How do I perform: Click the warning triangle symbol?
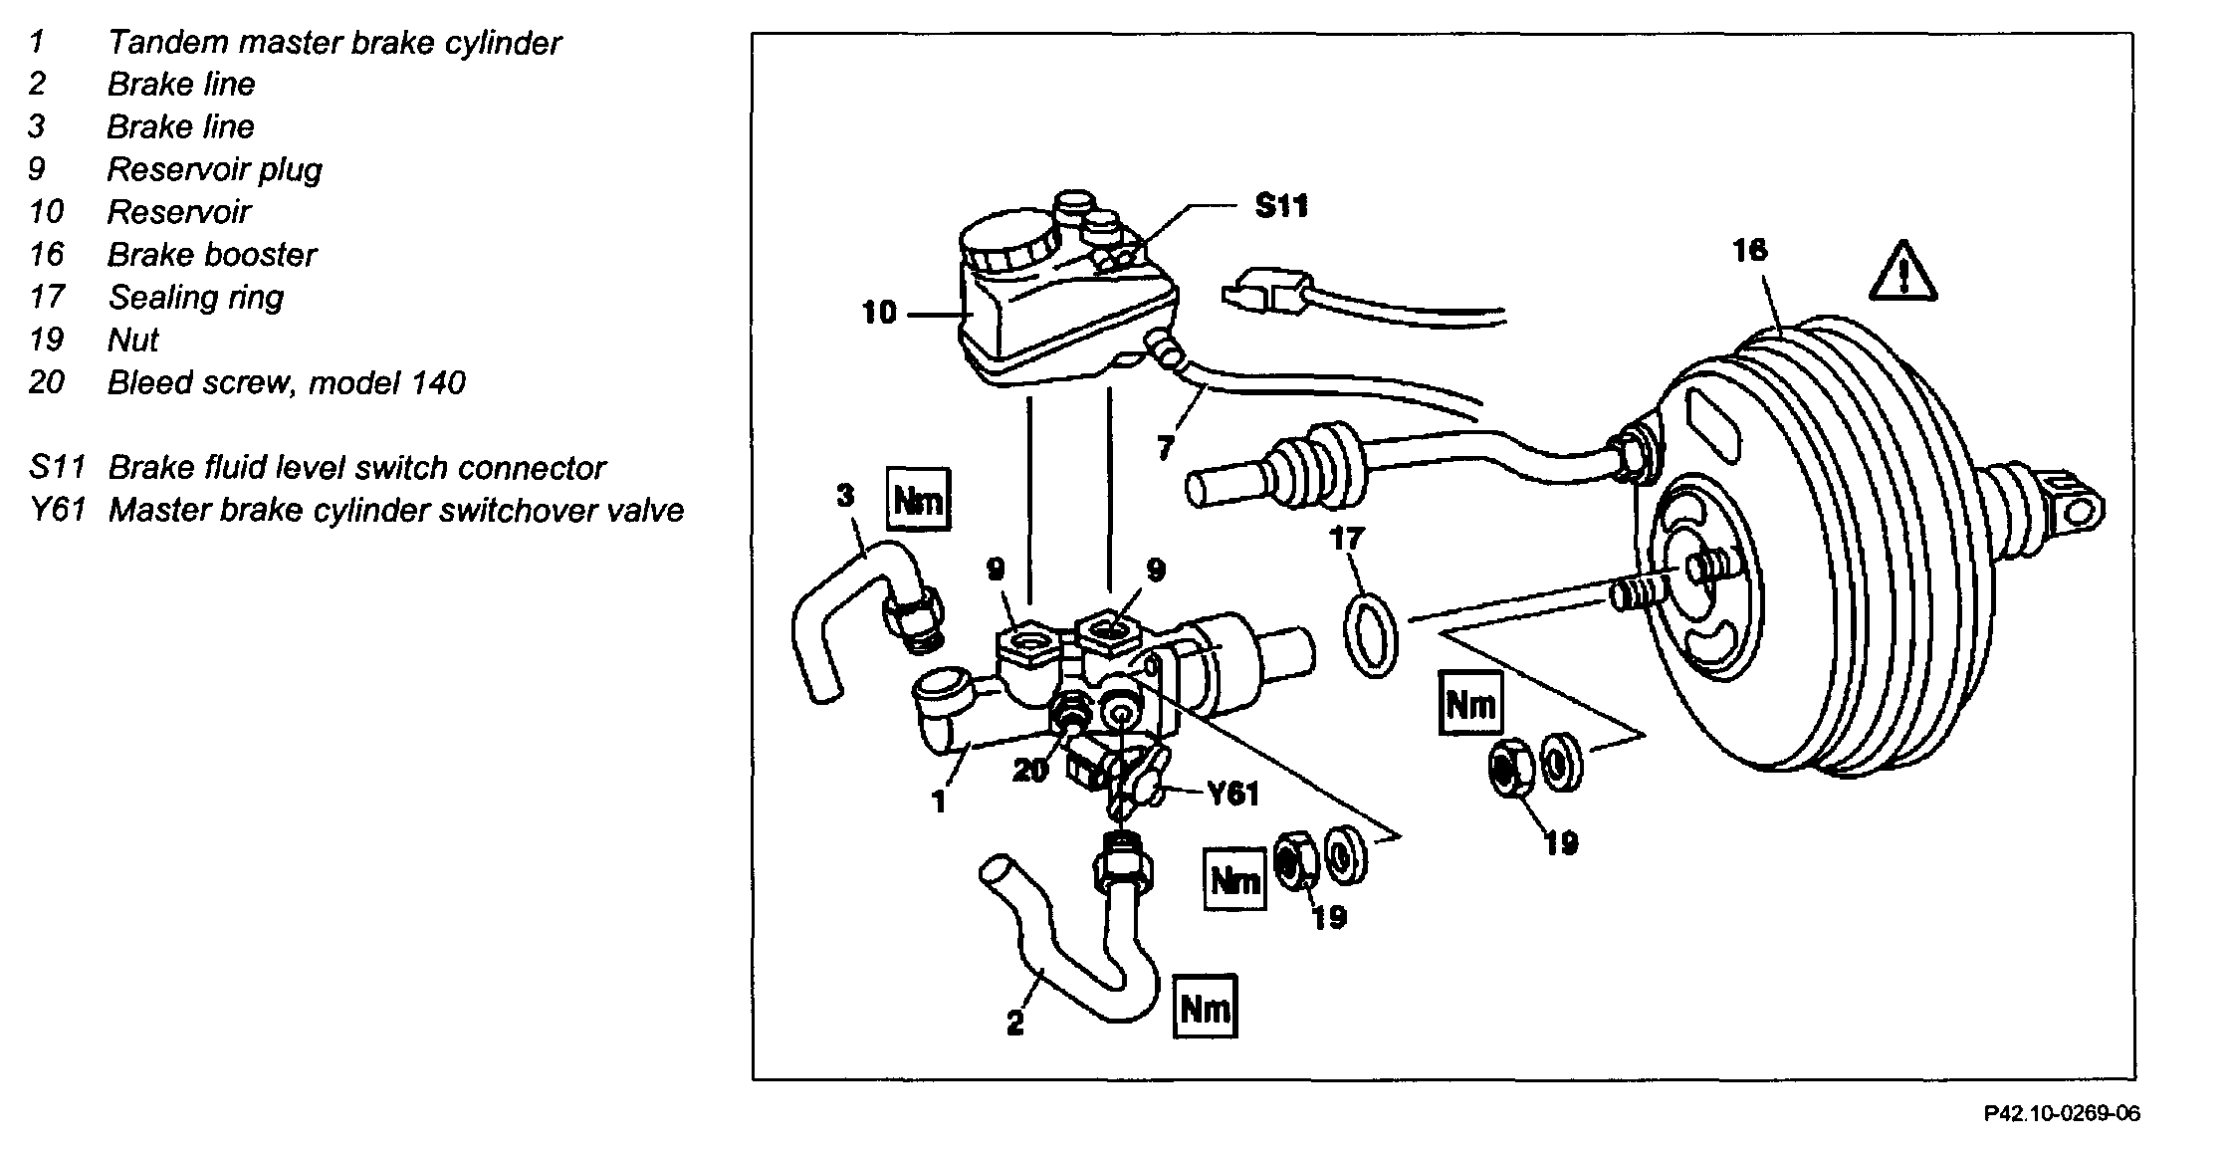click(1902, 272)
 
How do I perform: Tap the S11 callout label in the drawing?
click(1280, 206)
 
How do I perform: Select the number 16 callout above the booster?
click(1749, 249)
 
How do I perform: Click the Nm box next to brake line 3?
click(917, 499)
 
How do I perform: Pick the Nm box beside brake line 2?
click(1205, 1008)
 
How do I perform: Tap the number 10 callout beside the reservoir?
click(879, 314)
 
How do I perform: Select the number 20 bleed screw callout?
click(1030, 770)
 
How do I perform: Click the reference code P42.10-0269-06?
click(2061, 1113)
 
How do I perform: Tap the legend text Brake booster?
click(211, 255)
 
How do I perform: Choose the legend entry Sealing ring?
click(195, 298)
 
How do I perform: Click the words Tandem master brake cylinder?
click(334, 43)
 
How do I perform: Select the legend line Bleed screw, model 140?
click(286, 383)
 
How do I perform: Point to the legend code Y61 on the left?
click(55, 511)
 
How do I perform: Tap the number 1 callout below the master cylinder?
click(939, 802)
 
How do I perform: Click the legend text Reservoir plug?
click(214, 169)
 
